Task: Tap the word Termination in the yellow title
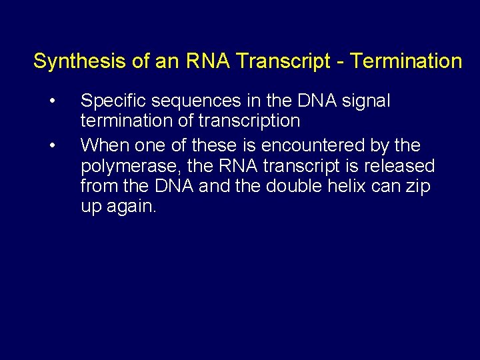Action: coord(406,61)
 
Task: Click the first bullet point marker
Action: coord(51,101)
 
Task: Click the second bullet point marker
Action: coord(51,145)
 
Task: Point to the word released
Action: coord(397,165)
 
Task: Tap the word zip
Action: coord(419,187)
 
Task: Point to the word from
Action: coord(98,186)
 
